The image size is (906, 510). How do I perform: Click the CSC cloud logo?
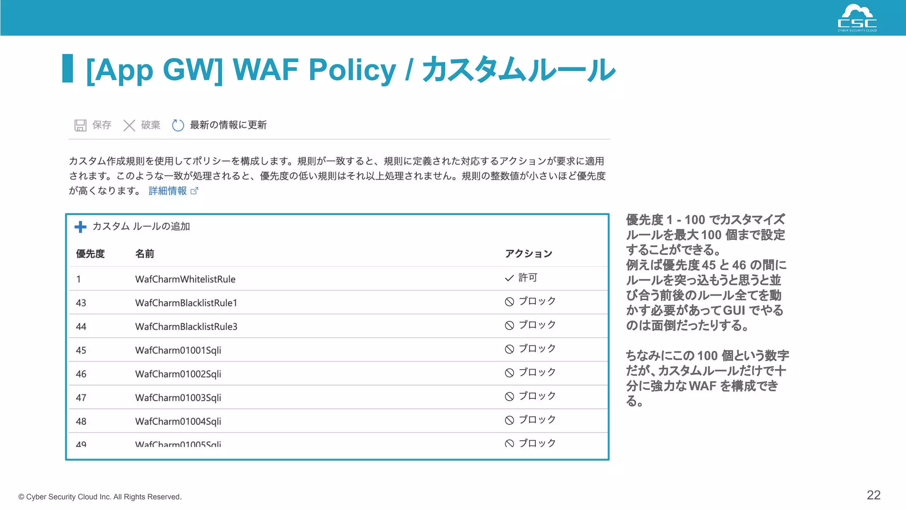tap(857, 18)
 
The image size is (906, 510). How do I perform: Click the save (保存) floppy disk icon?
tap(80, 125)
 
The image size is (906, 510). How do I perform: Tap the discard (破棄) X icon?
tap(129, 125)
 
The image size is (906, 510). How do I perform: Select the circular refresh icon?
tap(178, 125)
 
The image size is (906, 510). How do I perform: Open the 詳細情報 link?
tap(168, 191)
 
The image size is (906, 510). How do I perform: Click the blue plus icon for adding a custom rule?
tap(81, 227)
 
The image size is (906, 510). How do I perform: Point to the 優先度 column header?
tap(90, 254)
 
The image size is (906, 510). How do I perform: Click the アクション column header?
tap(529, 254)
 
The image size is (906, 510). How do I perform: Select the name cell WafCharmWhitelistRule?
tap(185, 279)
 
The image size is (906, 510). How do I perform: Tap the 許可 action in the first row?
tap(527, 278)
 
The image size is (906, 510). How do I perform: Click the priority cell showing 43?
tap(81, 303)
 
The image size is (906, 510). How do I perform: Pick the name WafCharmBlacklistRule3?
tap(186, 327)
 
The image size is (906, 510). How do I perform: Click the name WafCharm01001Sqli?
tap(178, 350)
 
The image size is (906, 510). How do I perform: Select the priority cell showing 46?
tap(81, 374)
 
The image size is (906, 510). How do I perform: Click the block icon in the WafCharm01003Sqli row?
tap(510, 396)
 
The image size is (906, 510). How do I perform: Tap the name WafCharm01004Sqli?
tap(178, 421)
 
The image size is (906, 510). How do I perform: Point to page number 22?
tap(873, 495)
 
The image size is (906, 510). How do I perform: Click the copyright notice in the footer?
tap(100, 497)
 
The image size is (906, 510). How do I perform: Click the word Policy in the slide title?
tap(352, 70)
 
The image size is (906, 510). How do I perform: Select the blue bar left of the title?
tap(68, 68)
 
